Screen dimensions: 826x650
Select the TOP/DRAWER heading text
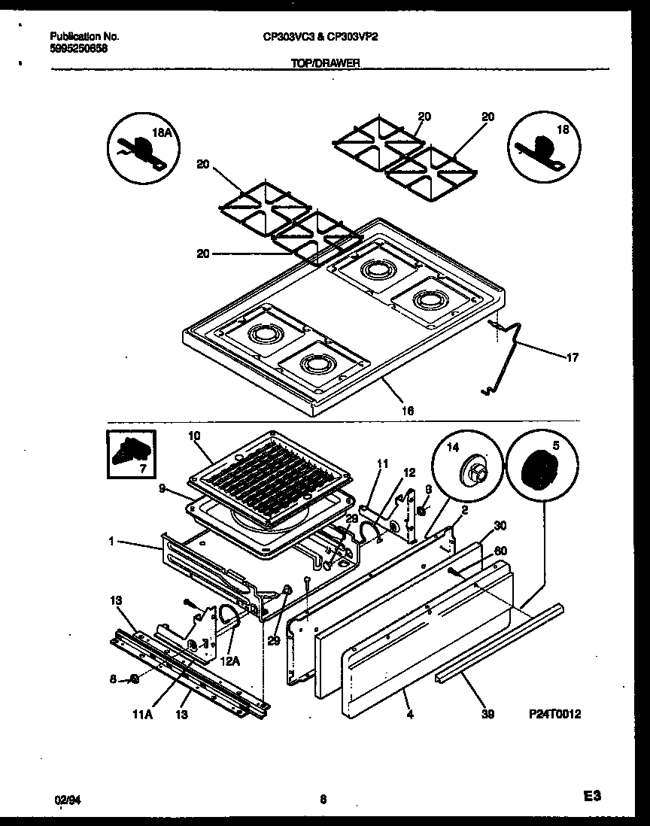(325, 65)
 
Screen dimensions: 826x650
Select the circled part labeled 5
(541, 469)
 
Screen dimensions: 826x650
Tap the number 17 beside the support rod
(572, 358)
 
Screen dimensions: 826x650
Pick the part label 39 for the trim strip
(487, 715)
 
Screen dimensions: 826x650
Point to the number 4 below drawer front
(409, 715)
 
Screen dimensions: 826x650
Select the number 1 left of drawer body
(111, 541)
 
